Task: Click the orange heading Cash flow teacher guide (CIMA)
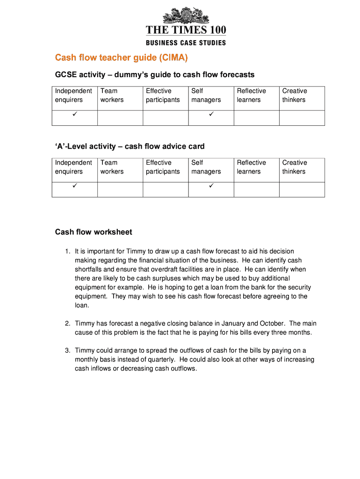tap(121, 58)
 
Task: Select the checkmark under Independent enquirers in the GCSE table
tap(74, 114)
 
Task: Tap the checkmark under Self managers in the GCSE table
tap(211, 114)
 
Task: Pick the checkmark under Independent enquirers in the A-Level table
tap(74, 186)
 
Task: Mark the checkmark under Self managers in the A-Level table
tap(211, 186)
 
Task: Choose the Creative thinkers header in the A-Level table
tap(295, 167)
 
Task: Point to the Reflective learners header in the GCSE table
tap(251, 95)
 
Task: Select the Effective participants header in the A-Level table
tap(163, 167)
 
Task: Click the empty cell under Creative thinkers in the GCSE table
tap(302, 118)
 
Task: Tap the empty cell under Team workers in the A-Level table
tap(120, 189)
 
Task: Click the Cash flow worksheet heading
tap(94, 232)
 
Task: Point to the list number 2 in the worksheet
tap(67, 323)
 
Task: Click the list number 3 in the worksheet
tap(67, 350)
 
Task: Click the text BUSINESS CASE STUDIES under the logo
tap(186, 43)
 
